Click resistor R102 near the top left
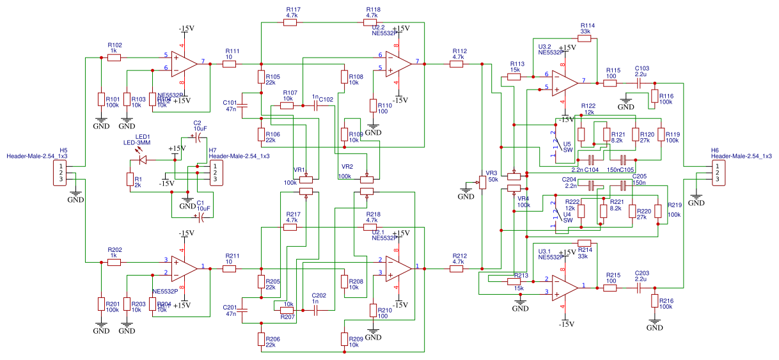coord(114,58)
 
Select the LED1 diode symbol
coord(143,159)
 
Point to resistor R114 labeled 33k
coord(584,38)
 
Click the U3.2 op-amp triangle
coord(563,82)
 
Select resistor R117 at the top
coord(290,22)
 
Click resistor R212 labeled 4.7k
coord(456,269)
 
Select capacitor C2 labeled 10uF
coord(199,137)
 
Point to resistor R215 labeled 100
coord(610,288)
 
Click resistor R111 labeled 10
coord(230,64)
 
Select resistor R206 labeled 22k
coord(261,339)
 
